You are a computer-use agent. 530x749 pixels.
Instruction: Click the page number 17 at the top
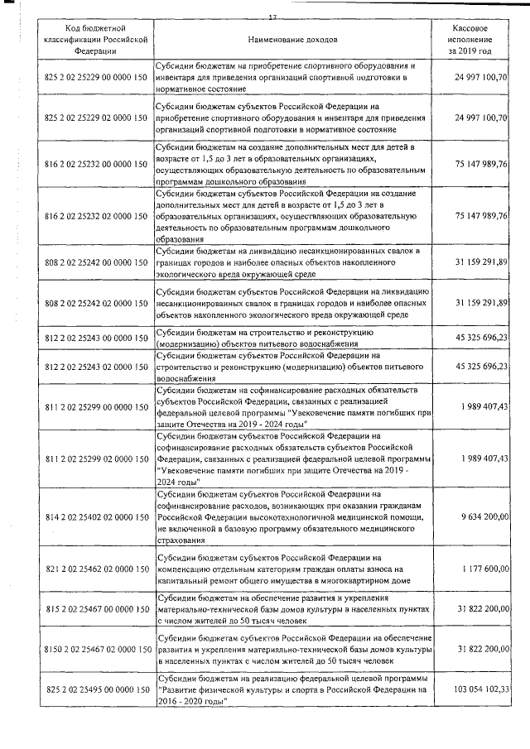coord(272,17)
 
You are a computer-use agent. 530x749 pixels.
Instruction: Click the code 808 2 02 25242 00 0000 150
coord(94,262)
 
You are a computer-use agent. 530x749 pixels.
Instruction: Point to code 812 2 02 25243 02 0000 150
coord(94,366)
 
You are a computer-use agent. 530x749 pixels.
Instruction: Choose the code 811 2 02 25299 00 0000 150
coord(94,406)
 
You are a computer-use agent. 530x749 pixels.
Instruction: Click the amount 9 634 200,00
coord(486,516)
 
